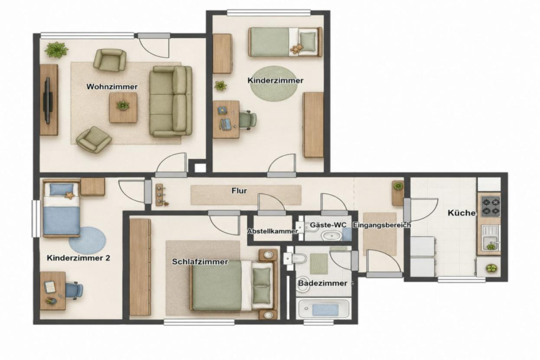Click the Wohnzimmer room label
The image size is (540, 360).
point(112,87)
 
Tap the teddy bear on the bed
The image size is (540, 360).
point(296,49)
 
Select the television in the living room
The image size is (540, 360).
point(48,101)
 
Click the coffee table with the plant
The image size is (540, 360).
point(123,108)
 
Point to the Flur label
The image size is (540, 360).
point(239,191)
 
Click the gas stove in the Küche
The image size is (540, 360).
point(491,206)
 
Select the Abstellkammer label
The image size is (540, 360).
point(273,231)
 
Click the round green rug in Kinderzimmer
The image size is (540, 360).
point(273,84)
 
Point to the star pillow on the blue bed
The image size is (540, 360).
point(69,195)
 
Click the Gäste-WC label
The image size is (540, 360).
point(328,225)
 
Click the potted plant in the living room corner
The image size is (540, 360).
point(56,50)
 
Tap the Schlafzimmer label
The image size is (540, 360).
point(200,262)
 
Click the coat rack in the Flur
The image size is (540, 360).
point(160,195)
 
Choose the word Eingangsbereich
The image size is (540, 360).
point(382,225)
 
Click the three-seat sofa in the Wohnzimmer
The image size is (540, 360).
point(171,101)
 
